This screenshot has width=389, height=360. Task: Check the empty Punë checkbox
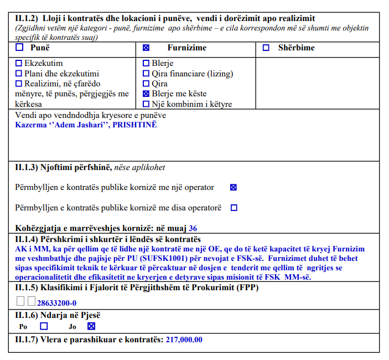click(19, 48)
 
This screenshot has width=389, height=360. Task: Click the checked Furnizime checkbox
click(146, 48)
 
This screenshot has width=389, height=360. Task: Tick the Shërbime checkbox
click(266, 48)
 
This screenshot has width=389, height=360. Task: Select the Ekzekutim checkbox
click(19, 64)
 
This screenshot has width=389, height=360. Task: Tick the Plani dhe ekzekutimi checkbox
click(19, 74)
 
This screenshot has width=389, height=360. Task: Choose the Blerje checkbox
click(146, 64)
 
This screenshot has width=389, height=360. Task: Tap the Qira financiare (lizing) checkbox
click(146, 74)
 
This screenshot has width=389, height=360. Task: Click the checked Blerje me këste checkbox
click(146, 94)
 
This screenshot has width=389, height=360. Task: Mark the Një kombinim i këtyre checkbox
click(146, 104)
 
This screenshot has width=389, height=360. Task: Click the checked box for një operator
click(234, 187)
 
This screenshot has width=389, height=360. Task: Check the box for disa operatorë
click(234, 208)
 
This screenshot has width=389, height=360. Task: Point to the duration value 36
click(193, 228)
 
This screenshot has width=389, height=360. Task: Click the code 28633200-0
click(56, 302)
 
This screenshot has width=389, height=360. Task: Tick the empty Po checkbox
click(44, 326)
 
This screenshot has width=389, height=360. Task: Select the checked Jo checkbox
click(92, 326)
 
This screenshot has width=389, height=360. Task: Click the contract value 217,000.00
click(184, 340)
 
